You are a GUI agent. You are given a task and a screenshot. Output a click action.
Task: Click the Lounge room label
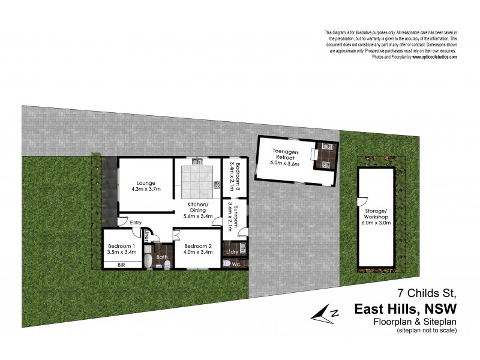146,183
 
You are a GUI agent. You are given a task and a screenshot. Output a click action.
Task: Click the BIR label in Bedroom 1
121,265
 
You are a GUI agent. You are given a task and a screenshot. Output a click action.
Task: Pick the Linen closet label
147,236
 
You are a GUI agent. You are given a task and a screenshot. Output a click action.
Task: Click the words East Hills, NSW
406,309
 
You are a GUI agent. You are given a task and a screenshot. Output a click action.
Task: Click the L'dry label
232,252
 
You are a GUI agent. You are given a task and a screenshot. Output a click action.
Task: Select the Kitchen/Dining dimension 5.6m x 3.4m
198,218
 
